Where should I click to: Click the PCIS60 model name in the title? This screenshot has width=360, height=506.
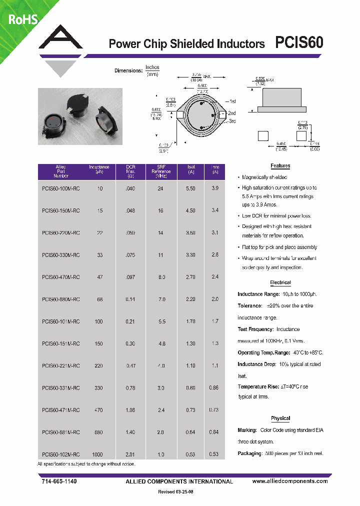pyautogui.click(x=299, y=42)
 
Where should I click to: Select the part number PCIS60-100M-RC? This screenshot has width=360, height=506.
pyautogui.click(x=61, y=188)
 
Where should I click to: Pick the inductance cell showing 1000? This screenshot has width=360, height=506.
pyautogui.click(x=97, y=454)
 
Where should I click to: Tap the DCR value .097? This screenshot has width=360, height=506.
pyautogui.click(x=130, y=276)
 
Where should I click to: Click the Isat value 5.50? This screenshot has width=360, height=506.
pyautogui.click(x=190, y=188)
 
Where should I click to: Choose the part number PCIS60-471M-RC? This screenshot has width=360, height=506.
pyautogui.click(x=61, y=410)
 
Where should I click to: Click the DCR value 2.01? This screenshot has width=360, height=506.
pyautogui.click(x=130, y=454)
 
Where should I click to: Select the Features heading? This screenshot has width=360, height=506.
pyautogui.click(x=280, y=166)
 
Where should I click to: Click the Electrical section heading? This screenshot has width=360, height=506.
pyautogui.click(x=280, y=282)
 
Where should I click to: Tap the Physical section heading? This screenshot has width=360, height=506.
pyautogui.click(x=280, y=418)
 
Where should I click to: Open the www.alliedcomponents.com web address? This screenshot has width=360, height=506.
pyautogui.click(x=290, y=481)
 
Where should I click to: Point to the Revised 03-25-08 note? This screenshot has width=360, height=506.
pyautogui.click(x=179, y=492)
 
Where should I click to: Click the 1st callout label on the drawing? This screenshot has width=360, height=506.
pyautogui.click(x=231, y=101)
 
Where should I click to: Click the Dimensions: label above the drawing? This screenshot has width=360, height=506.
pyautogui.click(x=128, y=70)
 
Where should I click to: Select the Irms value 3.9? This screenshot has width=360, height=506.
pyautogui.click(x=215, y=188)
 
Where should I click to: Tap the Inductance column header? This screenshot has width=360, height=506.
pyautogui.click(x=99, y=169)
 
